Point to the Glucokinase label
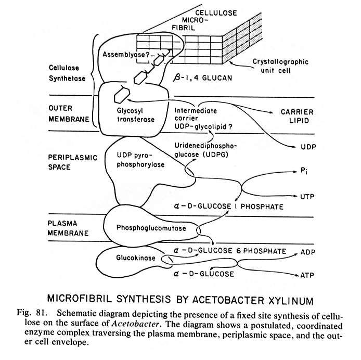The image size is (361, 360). [x=128, y=258]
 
